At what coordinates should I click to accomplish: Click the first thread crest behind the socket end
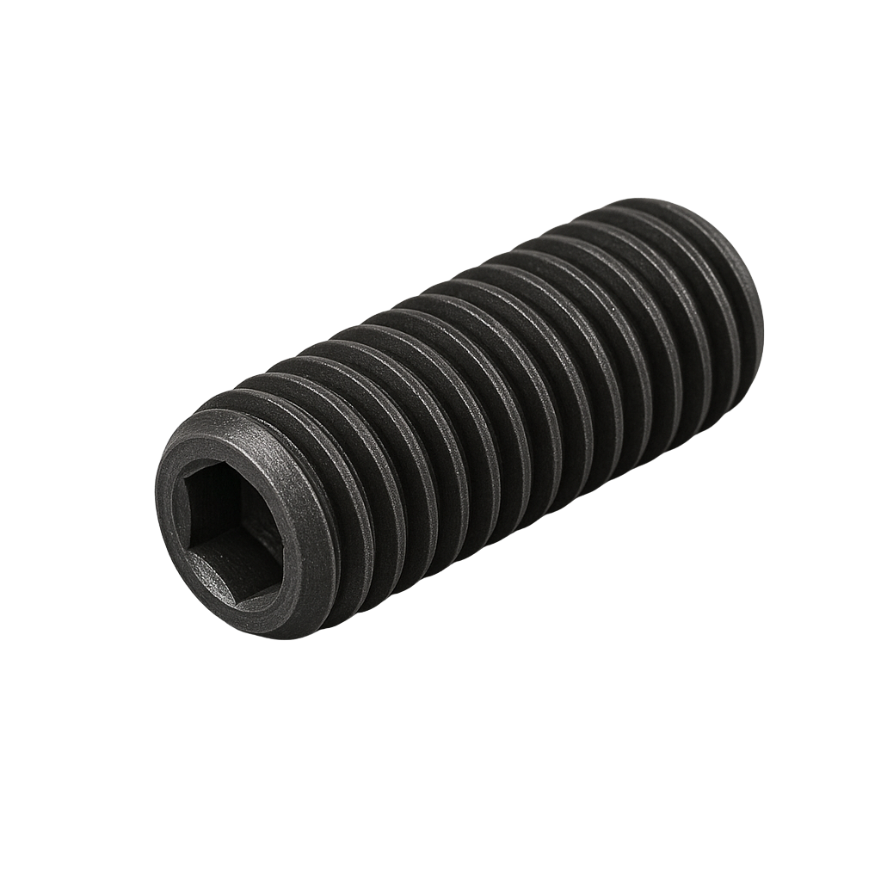[344, 482]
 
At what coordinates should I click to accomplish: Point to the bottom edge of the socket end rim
[258, 633]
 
